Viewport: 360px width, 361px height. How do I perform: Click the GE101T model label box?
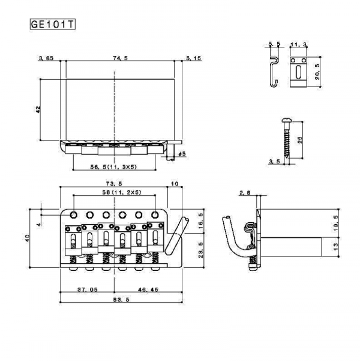pos(52,26)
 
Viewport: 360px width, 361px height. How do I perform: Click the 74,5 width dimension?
pos(119,58)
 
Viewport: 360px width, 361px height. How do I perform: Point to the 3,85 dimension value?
pos(46,58)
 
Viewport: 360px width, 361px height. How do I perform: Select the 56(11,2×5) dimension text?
pos(113,193)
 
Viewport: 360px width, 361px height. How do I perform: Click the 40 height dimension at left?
pos(27,237)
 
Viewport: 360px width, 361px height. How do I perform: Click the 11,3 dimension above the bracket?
pos(298,44)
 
